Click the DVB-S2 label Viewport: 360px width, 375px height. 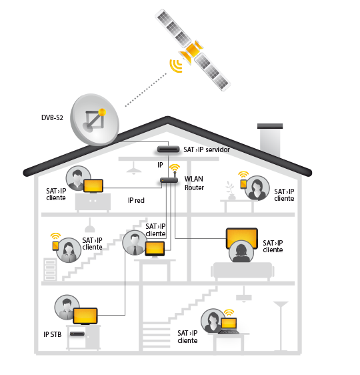[x=52, y=117]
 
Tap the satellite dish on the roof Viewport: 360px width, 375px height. [x=95, y=119]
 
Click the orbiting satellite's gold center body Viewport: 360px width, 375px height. [x=193, y=50]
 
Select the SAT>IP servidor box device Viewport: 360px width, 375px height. [x=168, y=149]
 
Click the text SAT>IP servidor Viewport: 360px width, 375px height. [x=207, y=149]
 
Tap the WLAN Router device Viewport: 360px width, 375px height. [x=169, y=180]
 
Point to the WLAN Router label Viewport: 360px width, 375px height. [x=194, y=183]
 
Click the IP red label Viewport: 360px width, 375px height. [x=136, y=200]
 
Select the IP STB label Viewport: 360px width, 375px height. [x=52, y=334]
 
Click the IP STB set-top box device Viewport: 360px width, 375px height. [x=77, y=334]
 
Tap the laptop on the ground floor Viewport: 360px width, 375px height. [x=229, y=326]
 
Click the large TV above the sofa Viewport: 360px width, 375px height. [x=242, y=238]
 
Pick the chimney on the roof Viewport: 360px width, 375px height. [x=270, y=139]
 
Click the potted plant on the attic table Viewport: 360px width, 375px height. [x=231, y=191]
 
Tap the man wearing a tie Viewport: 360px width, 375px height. [x=135, y=242]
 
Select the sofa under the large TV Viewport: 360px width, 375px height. [x=243, y=272]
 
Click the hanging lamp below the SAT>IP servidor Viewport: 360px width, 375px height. [x=134, y=168]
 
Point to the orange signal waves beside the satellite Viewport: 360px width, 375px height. [x=176, y=65]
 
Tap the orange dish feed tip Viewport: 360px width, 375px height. [x=102, y=112]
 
